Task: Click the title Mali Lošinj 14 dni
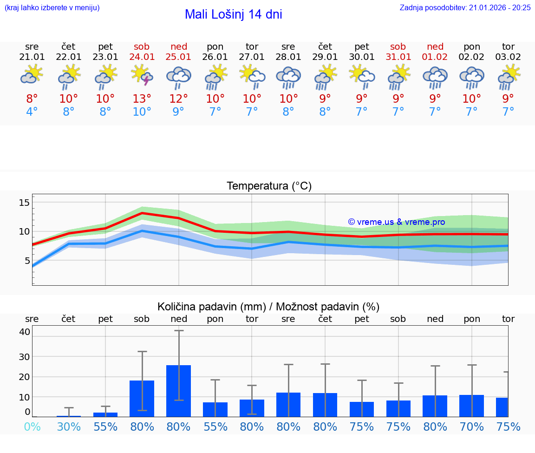pyautogui.click(x=233, y=14)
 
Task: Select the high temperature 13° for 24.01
pyautogui.click(x=142, y=99)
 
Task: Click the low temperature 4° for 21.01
pyautogui.click(x=32, y=112)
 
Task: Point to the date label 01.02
pyautogui.click(x=435, y=57)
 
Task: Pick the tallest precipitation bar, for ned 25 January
pyautogui.click(x=178, y=391)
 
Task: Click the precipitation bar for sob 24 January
pyautogui.click(x=142, y=398)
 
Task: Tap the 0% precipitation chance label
pyautogui.click(x=32, y=427)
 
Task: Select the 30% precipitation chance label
pyautogui.click(x=69, y=427)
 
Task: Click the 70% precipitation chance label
pyautogui.click(x=472, y=427)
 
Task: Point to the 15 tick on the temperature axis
pyautogui.click(x=24, y=202)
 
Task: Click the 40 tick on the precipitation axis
pyautogui.click(x=25, y=332)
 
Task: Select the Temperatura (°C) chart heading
pyautogui.click(x=269, y=186)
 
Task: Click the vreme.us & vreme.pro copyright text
pyautogui.click(x=397, y=222)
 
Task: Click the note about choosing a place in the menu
pyautogui.click(x=52, y=7)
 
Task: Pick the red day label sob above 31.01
pyautogui.click(x=398, y=46)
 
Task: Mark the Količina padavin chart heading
pyautogui.click(x=268, y=307)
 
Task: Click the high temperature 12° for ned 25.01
pyautogui.click(x=179, y=99)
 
